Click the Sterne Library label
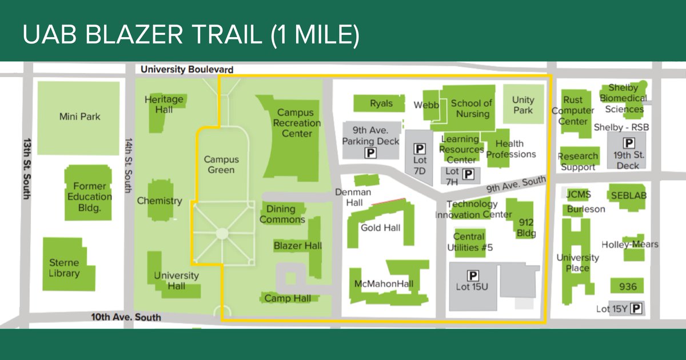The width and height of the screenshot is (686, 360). tap(64, 268)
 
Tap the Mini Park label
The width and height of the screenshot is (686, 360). tap(80, 117)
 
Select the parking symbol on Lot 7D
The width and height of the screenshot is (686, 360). tap(420, 149)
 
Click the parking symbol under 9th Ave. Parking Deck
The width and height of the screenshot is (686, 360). tap(371, 153)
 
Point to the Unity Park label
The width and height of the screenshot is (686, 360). tap(523, 105)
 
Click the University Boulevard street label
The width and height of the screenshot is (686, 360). tap(187, 70)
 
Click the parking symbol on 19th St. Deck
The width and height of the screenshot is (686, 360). tap(629, 143)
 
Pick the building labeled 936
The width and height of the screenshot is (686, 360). tap(627, 286)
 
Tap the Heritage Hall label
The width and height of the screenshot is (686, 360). tap(164, 104)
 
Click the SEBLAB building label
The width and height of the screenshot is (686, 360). tap(628, 195)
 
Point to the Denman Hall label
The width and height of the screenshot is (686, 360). tap(353, 197)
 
